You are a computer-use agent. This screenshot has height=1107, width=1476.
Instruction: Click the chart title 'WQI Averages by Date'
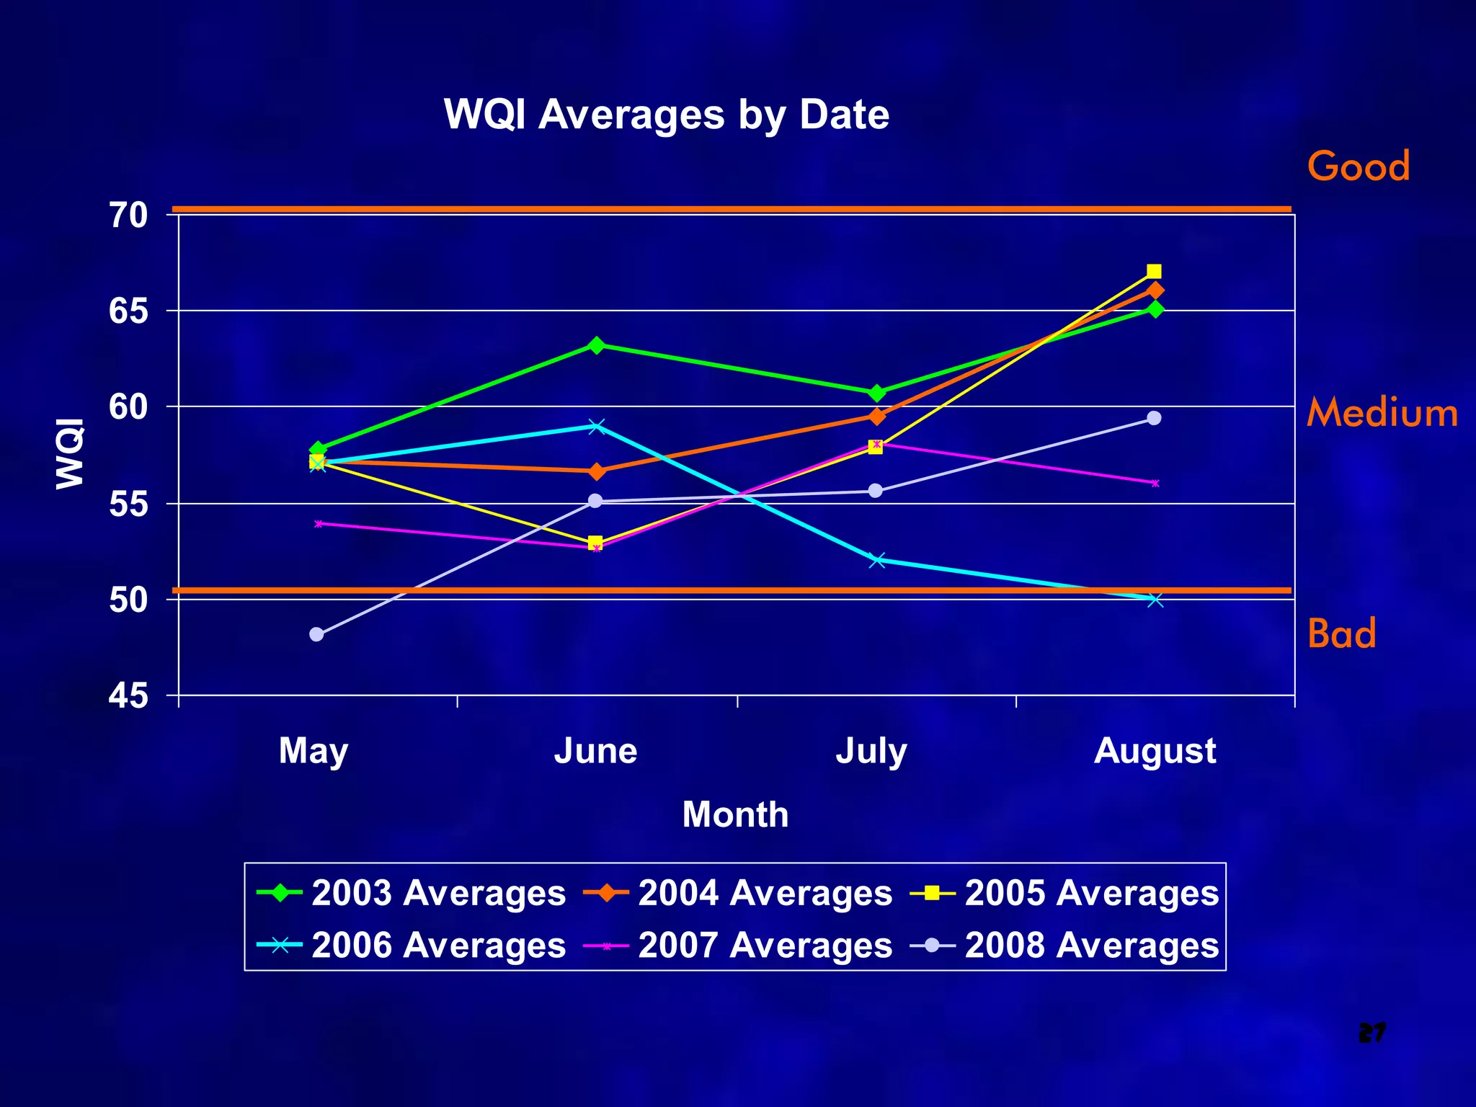pos(667,115)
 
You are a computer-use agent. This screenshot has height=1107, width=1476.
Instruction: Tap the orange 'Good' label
pos(1359,166)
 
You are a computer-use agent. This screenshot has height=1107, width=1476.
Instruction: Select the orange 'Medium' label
pos(1382,413)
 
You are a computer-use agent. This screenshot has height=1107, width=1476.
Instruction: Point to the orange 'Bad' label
pos(1341,633)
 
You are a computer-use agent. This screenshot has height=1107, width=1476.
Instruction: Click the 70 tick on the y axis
pos(128,215)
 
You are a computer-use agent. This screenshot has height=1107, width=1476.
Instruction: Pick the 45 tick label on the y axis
pos(128,695)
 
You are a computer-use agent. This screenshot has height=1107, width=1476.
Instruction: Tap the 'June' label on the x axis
pos(595,751)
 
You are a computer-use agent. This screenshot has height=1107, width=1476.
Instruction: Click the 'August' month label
pos(1155,751)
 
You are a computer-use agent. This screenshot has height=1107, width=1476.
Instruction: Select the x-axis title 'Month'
pos(735,814)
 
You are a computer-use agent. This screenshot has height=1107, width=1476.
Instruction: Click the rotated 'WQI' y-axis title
pos(71,454)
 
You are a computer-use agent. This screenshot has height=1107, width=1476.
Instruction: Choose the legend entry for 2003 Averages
pos(411,893)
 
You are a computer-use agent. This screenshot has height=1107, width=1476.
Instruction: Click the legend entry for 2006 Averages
pos(411,946)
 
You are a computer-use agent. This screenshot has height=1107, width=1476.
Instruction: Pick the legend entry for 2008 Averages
pos(1064,946)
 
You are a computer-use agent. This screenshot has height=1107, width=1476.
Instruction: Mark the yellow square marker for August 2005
pos(1154,272)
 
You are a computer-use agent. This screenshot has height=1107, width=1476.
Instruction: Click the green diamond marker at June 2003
pos(596,345)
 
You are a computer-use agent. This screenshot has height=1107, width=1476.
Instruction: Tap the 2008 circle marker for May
pos(316,634)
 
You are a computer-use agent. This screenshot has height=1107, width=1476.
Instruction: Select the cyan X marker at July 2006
pos(876,560)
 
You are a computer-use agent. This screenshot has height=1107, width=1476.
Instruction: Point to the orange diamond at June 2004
pos(596,472)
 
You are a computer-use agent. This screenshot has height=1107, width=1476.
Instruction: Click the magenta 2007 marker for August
pos(1155,483)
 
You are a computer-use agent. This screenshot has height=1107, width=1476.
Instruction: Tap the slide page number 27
pos(1371,1033)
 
